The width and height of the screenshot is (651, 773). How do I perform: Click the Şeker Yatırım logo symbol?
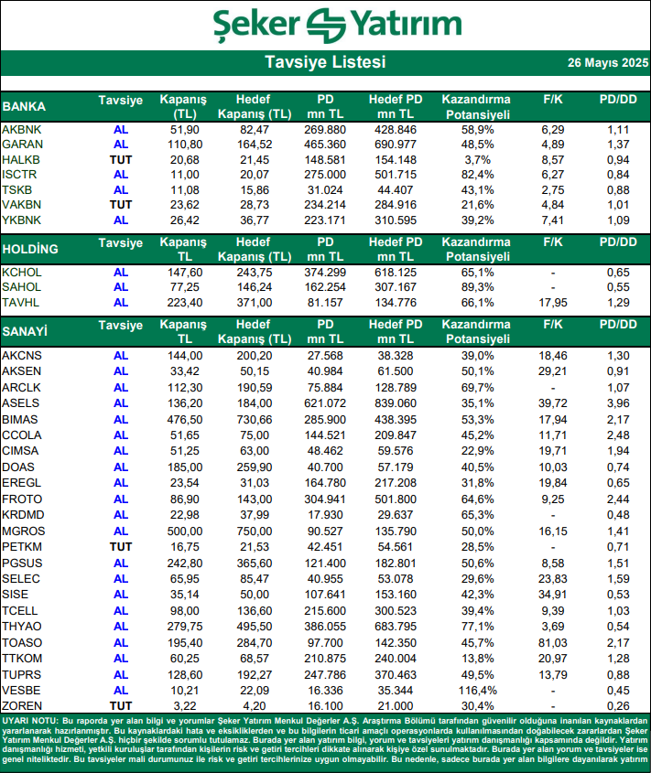pyautogui.click(x=326, y=24)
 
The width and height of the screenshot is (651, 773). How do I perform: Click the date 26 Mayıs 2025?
pyautogui.click(x=607, y=63)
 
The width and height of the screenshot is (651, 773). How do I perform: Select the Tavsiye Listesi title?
pyautogui.click(x=325, y=62)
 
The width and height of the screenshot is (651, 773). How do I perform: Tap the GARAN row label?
pyautogui.click(x=22, y=145)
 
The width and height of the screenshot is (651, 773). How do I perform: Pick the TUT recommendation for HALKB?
pyautogui.click(x=121, y=159)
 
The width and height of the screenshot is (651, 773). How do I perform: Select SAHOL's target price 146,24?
pyautogui.click(x=255, y=287)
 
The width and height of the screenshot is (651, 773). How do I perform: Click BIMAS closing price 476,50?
pyautogui.click(x=184, y=418)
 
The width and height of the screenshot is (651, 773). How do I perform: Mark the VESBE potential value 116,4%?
pyautogui.click(x=475, y=690)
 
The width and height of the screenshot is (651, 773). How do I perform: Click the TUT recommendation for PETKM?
pyautogui.click(x=121, y=546)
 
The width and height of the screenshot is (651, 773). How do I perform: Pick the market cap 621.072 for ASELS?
pyautogui.click(x=326, y=403)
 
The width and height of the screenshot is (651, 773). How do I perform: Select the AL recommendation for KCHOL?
pyautogui.click(x=121, y=273)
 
